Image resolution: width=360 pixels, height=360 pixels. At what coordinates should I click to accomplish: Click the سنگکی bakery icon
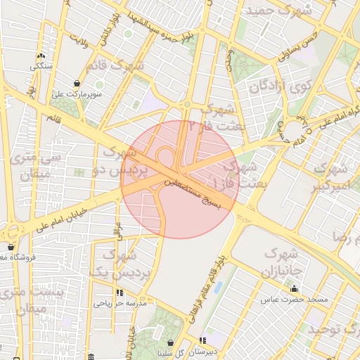click(40, 56)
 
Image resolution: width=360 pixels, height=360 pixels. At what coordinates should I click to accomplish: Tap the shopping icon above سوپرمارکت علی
click(76, 83)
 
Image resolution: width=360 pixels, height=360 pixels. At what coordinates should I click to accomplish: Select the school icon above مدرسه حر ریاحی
click(120, 292)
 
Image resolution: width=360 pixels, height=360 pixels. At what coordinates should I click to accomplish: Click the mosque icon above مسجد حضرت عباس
click(294, 289)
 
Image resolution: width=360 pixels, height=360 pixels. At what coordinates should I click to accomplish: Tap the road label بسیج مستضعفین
click(193, 194)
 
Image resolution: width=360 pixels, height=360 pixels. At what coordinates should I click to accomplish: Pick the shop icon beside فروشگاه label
click(11, 247)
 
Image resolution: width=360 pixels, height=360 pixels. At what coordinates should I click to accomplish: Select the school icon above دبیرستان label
click(203, 340)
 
